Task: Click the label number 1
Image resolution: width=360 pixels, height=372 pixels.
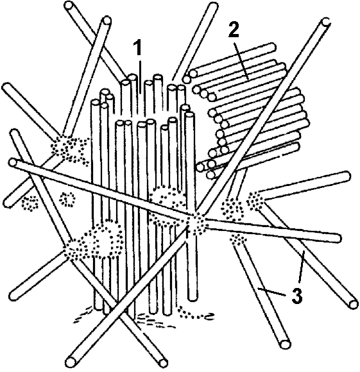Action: click(x=137, y=48)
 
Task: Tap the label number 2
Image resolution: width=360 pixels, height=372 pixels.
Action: click(x=234, y=30)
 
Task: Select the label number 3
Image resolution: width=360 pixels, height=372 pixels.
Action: click(x=297, y=296)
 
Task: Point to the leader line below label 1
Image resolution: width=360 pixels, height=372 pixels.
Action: click(x=141, y=78)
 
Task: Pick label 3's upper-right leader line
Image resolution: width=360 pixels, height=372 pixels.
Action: click(x=302, y=267)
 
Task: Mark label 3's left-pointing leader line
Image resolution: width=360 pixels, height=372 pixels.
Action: click(x=272, y=292)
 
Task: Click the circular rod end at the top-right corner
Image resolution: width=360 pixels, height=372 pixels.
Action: click(x=327, y=22)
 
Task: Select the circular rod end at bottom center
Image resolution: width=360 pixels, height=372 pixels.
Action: click(x=163, y=363)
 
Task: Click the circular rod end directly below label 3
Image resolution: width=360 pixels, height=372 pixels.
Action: click(x=285, y=344)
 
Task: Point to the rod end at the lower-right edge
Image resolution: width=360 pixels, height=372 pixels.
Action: click(x=354, y=304)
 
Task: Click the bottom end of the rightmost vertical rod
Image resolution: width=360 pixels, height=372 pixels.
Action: click(x=193, y=298)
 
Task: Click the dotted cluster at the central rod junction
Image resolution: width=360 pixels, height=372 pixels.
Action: click(x=195, y=223)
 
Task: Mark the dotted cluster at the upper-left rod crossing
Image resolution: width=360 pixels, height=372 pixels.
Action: click(x=69, y=148)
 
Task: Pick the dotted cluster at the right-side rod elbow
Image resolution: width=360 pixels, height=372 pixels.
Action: click(x=255, y=201)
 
